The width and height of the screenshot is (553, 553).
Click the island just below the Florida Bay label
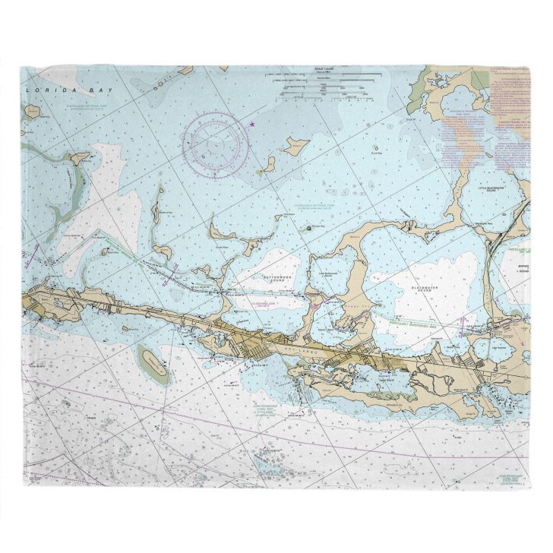click(x=32, y=112)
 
